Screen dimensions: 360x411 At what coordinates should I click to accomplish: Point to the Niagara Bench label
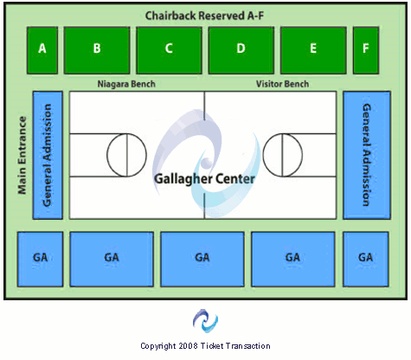pyautogui.click(x=126, y=84)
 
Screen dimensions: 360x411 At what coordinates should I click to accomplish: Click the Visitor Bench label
pyautogui.click(x=283, y=84)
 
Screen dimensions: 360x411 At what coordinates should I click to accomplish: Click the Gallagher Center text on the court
pyautogui.click(x=204, y=180)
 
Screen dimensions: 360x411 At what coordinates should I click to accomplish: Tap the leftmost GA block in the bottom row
pyautogui.click(x=40, y=258)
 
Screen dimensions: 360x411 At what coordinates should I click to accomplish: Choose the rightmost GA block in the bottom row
pyautogui.click(x=366, y=258)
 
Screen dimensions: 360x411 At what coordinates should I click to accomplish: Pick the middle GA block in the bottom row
pyautogui.click(x=202, y=258)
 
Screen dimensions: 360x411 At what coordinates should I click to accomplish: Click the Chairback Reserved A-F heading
pyautogui.click(x=204, y=16)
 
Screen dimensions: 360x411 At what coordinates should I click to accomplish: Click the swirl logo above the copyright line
pyautogui.click(x=205, y=321)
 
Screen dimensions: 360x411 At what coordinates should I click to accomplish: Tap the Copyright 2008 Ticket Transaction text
pyautogui.click(x=205, y=346)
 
